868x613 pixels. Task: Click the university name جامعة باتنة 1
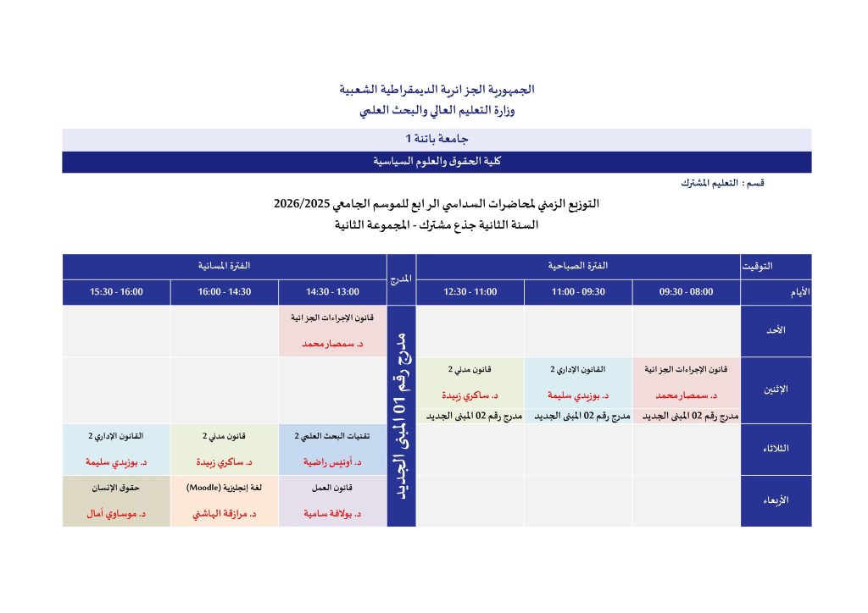click(437, 138)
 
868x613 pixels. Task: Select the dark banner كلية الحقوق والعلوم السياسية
click(437, 161)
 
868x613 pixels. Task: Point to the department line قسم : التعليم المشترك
click(723, 183)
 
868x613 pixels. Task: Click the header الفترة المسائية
click(224, 266)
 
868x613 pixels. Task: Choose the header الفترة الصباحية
click(578, 266)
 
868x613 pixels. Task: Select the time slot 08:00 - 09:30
click(686, 292)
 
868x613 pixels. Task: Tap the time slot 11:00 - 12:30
click(470, 292)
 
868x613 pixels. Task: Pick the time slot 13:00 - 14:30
click(332, 292)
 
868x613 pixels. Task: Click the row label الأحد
click(776, 330)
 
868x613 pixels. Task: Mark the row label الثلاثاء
click(776, 449)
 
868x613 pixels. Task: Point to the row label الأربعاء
click(776, 500)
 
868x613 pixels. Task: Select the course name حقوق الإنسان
click(116, 488)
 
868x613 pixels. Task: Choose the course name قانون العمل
click(332, 488)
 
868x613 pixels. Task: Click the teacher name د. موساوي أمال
click(116, 514)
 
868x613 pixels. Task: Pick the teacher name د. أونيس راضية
click(332, 462)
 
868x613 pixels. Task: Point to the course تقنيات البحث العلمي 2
click(332, 436)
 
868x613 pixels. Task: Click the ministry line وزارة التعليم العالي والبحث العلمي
click(437, 110)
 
